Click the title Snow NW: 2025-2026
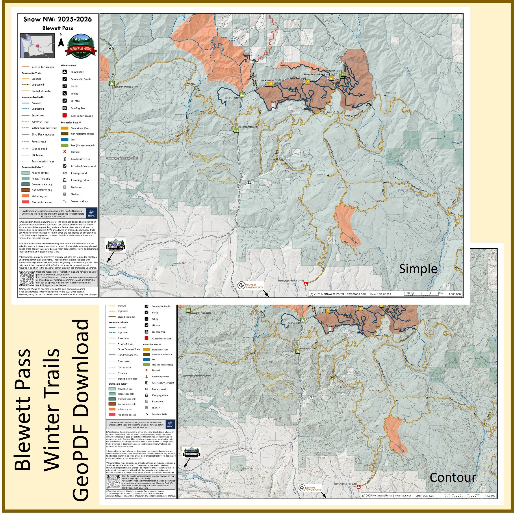(x=58, y=19)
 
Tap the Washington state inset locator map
(x=38, y=46)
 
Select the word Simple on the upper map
(x=418, y=269)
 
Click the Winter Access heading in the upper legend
(x=69, y=66)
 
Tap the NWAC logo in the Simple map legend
(x=91, y=213)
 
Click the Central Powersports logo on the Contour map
(x=310, y=488)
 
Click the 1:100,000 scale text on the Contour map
(x=489, y=496)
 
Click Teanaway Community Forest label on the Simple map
(x=122, y=158)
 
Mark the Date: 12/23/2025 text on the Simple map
(x=381, y=294)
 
